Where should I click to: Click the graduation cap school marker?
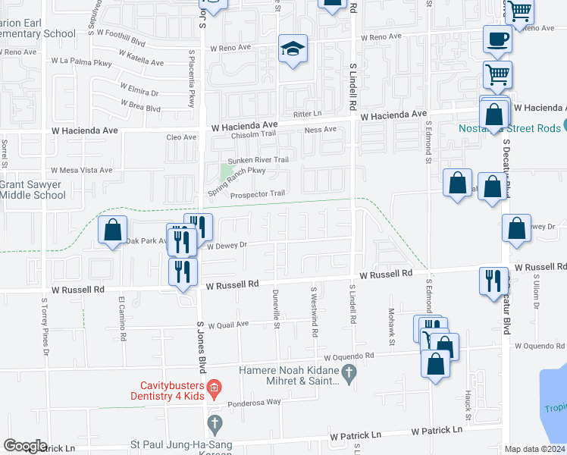[x=293, y=49]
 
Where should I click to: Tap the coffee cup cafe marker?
[x=497, y=40]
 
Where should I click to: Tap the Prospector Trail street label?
[x=257, y=193]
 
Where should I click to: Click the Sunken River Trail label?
[x=259, y=160]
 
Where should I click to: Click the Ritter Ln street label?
[x=308, y=114]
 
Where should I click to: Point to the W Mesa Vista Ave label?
[x=81, y=171]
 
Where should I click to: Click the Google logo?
[x=25, y=446]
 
